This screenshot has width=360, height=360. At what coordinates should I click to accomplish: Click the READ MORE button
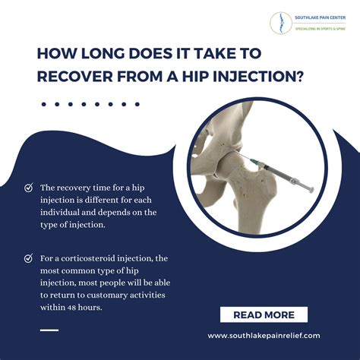pyautogui.click(x=264, y=314)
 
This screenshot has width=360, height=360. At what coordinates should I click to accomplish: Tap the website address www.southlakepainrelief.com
pyautogui.click(x=264, y=335)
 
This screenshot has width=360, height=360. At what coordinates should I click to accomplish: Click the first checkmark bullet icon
pyautogui.click(x=29, y=187)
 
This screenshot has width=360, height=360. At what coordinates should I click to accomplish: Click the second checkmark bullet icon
pyautogui.click(x=29, y=259)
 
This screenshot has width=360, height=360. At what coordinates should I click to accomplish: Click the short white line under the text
pyautogui.click(x=49, y=329)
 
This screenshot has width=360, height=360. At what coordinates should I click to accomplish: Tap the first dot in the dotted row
pyautogui.click(x=44, y=103)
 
